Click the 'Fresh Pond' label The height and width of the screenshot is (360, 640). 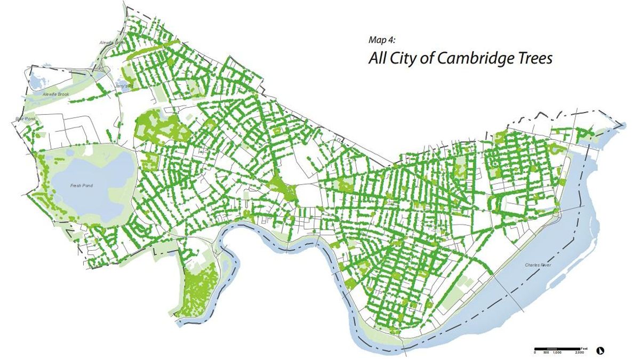[x=82, y=186]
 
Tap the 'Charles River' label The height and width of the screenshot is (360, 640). [x=538, y=265]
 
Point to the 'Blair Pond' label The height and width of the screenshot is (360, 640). [x=23, y=119]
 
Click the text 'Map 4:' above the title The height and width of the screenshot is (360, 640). [x=382, y=41]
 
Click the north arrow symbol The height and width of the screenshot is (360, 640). [x=601, y=350]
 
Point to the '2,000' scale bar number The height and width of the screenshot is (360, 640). [x=579, y=353]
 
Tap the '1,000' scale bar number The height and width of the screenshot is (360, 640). [x=556, y=353]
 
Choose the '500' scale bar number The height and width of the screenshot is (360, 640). [x=546, y=353]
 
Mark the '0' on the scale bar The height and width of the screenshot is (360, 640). [x=535, y=353]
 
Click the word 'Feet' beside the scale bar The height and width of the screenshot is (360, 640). [x=584, y=347]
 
